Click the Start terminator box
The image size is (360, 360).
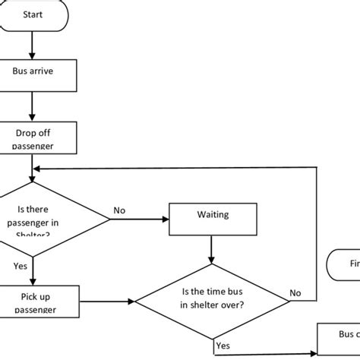pos(34,14)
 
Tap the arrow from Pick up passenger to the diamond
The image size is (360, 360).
pos(106,302)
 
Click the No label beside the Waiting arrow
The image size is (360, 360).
pos(119,210)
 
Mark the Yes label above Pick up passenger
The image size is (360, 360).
pos(21,267)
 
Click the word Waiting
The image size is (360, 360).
pos(212,215)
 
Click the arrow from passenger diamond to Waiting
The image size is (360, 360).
pos(141,219)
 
